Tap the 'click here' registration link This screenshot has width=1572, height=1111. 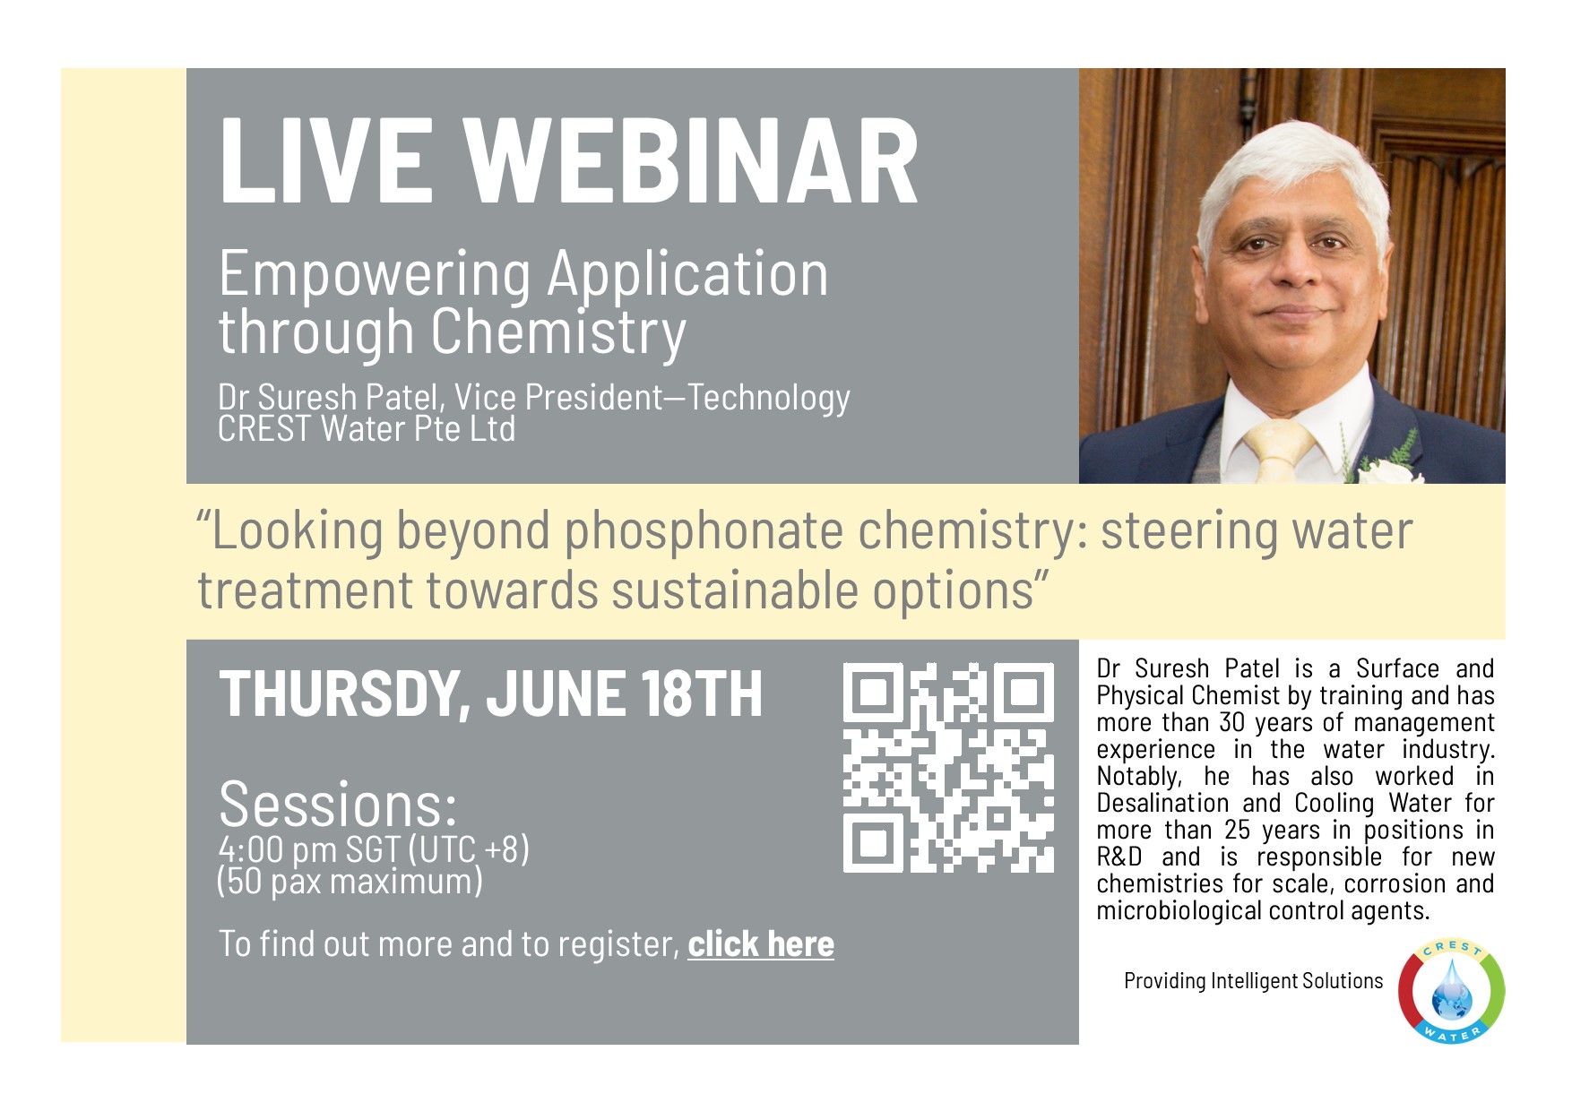tap(761, 944)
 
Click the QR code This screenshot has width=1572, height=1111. tap(948, 767)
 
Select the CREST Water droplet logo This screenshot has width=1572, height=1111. tap(1452, 991)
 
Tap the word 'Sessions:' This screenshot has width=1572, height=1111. tap(338, 805)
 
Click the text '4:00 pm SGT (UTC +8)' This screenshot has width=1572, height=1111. tap(374, 849)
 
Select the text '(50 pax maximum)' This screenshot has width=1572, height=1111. tap(350, 882)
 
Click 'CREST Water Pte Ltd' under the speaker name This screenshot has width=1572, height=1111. tap(367, 429)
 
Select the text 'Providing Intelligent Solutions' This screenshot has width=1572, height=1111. tap(1254, 981)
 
